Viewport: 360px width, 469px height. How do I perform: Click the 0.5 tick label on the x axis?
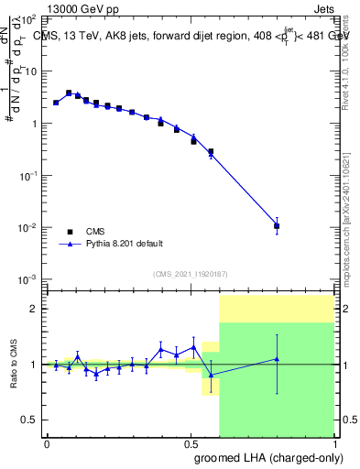(190, 444)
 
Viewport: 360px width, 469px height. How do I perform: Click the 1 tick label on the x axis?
(333, 444)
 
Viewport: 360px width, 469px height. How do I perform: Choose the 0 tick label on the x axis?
(47, 444)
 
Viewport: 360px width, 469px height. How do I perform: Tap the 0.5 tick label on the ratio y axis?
(29, 420)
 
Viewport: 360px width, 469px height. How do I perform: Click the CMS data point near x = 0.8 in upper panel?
(277, 225)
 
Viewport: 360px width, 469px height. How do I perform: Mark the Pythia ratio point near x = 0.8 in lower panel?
(277, 359)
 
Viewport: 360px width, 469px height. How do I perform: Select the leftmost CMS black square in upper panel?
(56, 103)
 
